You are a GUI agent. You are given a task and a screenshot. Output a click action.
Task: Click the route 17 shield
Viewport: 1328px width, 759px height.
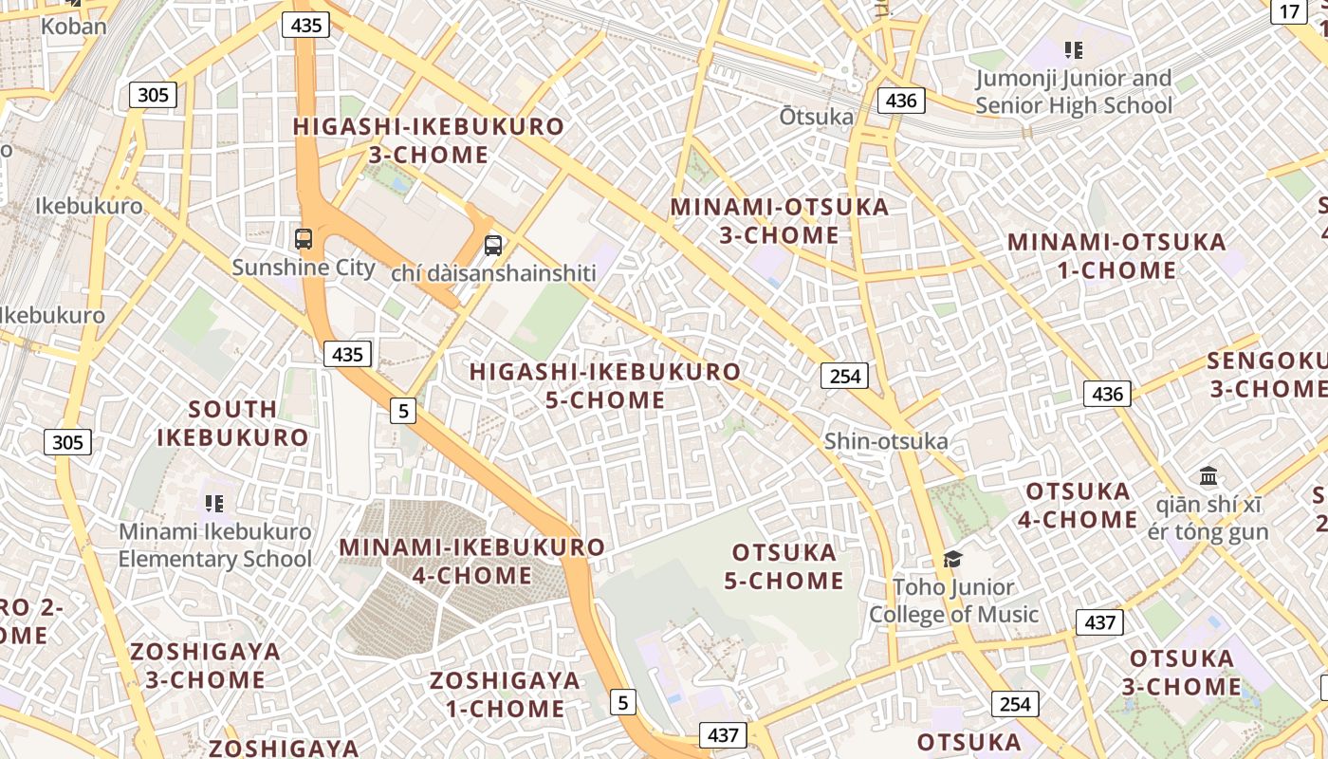pos(1289,11)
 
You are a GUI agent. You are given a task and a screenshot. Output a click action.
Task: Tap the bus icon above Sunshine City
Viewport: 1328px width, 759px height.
pos(304,239)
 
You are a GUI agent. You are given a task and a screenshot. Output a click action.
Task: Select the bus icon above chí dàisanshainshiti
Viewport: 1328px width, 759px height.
pos(493,246)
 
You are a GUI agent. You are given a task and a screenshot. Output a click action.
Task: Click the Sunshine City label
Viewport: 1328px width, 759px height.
pos(304,268)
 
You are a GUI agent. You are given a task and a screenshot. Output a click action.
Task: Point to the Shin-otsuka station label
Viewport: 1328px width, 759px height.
pos(886,441)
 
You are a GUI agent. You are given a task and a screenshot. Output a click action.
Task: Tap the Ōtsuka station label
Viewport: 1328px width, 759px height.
pos(816,117)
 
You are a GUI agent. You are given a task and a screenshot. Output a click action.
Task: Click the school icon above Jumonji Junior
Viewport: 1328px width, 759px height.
pos(1074,50)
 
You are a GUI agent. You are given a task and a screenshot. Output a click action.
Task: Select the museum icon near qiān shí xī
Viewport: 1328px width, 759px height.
pos(1208,475)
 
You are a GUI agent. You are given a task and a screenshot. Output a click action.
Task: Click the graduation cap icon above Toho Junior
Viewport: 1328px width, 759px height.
pos(952,559)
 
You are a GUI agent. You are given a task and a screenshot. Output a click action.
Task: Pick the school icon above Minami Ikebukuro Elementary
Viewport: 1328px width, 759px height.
pos(214,503)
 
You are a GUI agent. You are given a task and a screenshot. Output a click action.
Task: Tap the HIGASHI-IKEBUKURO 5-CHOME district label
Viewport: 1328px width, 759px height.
pos(605,386)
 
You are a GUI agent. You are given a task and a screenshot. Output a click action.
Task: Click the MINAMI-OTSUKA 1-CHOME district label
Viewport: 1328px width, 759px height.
pos(1116,256)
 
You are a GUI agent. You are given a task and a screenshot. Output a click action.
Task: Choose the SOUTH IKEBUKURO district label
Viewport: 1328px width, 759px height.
pos(232,423)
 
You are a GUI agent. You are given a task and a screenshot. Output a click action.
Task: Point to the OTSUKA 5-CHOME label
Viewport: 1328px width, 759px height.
pos(784,566)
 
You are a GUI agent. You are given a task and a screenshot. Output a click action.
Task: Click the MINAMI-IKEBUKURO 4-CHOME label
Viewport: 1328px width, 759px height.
pos(471,562)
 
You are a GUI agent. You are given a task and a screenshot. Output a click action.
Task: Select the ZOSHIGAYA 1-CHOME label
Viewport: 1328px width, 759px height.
pos(505,694)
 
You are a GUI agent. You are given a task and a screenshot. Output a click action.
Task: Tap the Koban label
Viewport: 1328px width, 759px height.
pos(73,27)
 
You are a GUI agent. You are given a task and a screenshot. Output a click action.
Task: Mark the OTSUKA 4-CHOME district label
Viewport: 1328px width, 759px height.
pos(1079,506)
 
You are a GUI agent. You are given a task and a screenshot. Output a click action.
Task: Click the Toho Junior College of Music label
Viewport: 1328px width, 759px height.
pos(953,601)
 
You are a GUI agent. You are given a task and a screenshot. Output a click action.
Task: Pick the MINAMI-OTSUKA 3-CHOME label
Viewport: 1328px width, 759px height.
pos(780,221)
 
